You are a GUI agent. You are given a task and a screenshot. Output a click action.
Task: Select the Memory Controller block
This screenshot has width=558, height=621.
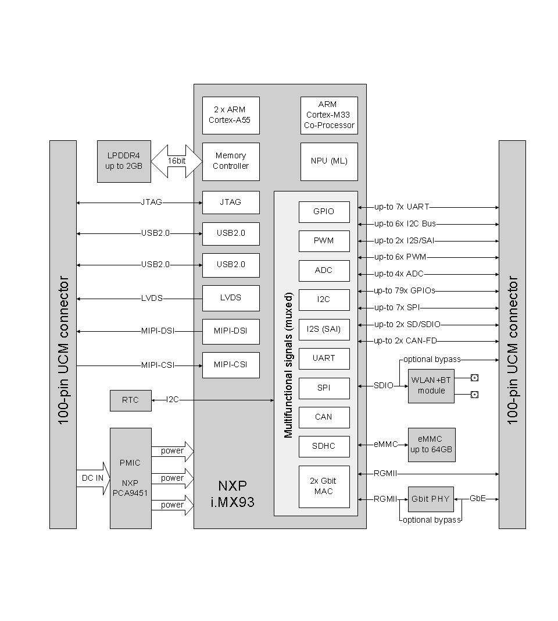(x=231, y=161)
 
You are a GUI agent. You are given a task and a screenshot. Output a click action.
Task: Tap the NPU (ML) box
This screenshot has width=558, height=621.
(x=329, y=161)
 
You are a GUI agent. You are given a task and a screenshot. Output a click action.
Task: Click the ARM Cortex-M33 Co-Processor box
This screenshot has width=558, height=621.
(x=329, y=115)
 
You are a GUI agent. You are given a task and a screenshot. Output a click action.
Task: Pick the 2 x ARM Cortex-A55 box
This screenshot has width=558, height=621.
(x=231, y=115)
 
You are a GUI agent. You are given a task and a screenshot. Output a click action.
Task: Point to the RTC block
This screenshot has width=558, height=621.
(x=131, y=400)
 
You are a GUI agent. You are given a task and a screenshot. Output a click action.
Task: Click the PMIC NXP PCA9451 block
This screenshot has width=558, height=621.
(x=131, y=478)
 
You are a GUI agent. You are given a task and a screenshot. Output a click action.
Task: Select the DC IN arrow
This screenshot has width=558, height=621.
(x=93, y=478)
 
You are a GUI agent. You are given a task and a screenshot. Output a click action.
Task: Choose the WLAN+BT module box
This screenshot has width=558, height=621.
(x=431, y=386)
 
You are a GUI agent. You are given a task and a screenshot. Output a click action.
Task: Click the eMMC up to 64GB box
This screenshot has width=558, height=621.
(x=431, y=445)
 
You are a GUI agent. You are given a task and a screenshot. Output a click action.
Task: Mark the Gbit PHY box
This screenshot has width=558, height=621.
(x=431, y=499)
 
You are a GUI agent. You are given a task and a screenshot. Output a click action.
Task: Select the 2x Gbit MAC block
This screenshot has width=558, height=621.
(x=324, y=487)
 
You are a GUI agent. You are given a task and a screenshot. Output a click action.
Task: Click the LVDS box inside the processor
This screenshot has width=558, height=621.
(x=231, y=298)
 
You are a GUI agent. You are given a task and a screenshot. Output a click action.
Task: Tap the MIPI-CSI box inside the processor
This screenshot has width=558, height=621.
(x=231, y=365)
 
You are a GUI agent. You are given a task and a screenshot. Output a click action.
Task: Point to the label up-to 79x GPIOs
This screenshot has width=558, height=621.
(x=405, y=290)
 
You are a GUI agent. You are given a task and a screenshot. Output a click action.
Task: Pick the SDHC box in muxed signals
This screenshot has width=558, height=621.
(x=324, y=446)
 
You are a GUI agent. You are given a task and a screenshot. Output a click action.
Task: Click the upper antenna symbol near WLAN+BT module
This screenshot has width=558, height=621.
(x=474, y=378)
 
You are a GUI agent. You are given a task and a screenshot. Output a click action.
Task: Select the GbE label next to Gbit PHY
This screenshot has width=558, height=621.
(x=477, y=499)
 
